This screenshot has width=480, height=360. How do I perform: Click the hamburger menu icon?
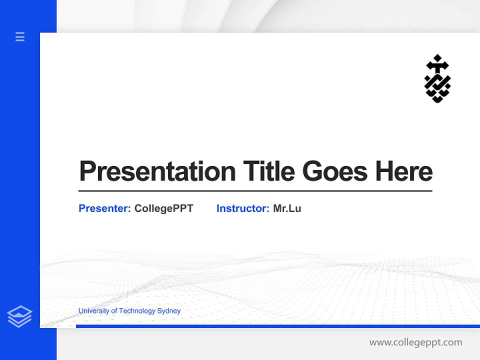click(x=20, y=36)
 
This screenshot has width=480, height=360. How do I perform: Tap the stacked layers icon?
click(x=19, y=316)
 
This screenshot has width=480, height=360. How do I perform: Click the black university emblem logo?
click(x=437, y=78)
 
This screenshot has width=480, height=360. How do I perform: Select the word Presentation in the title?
click(x=157, y=171)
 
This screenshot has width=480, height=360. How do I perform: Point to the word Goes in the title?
click(x=335, y=171)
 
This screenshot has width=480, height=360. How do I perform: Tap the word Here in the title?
click(x=403, y=171)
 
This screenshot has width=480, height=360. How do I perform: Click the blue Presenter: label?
click(x=105, y=208)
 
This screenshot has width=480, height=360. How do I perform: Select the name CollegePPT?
click(x=163, y=208)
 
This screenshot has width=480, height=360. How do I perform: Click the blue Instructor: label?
click(x=243, y=208)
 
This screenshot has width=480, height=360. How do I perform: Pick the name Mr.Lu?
click(x=287, y=208)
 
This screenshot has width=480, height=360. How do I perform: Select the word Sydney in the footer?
click(x=169, y=311)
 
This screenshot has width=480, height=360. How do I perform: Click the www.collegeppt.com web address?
click(x=415, y=342)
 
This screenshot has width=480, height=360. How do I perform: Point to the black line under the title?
click(x=255, y=191)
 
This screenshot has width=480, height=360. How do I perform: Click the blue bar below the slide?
click(x=277, y=326)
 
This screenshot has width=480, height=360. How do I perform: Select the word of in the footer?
click(x=114, y=311)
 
